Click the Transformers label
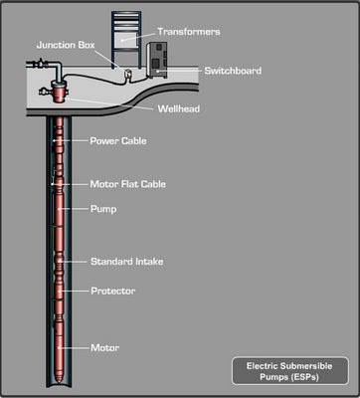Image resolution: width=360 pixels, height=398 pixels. (x=189, y=32)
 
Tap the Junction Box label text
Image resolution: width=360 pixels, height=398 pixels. (x=66, y=45)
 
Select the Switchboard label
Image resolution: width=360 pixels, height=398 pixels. (x=233, y=71)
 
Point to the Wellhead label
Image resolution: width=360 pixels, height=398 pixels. (x=179, y=108)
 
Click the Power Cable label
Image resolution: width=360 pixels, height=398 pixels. (x=118, y=141)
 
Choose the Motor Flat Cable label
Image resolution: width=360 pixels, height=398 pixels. (x=128, y=184)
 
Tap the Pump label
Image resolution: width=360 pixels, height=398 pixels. (x=103, y=209)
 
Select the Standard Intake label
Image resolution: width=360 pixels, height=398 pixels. (x=127, y=262)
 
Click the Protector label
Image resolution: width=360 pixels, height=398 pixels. (x=113, y=291)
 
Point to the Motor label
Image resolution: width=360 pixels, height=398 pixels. (x=105, y=348)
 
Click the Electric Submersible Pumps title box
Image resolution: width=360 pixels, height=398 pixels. (x=290, y=371)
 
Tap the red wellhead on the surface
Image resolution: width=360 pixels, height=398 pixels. (x=60, y=94)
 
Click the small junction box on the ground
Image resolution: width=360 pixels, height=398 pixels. (x=126, y=74)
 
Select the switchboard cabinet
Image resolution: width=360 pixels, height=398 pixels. (x=157, y=60)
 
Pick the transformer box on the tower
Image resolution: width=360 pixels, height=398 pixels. (x=126, y=40)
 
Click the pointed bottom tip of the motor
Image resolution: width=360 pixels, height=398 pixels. (x=59, y=384)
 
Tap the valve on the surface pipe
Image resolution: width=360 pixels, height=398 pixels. (x=41, y=64)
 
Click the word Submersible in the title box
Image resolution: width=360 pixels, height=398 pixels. (x=306, y=366)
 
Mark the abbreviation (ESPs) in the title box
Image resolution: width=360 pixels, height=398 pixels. (x=303, y=377)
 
